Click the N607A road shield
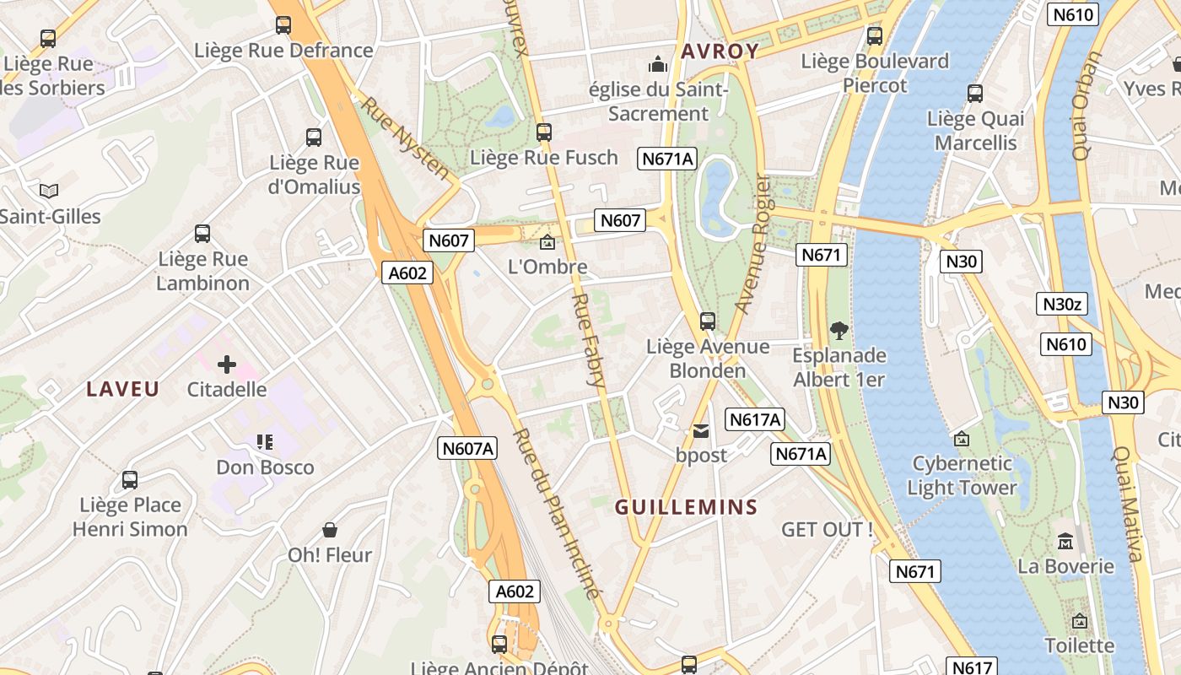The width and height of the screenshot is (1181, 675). coord(467,448)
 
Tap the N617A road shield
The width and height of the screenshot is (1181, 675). coord(755,419)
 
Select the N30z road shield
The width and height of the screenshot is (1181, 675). coord(1062,304)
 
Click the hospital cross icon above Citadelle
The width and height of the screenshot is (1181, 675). coord(226,364)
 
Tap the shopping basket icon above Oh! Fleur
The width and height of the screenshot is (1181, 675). coord(330,530)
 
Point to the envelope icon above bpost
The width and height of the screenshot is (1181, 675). coord(701,431)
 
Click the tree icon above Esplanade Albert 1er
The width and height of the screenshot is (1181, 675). coord(839,330)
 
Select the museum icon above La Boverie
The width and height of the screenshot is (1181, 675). coord(1065,540)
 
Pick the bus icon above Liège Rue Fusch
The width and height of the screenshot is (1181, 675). coord(544,132)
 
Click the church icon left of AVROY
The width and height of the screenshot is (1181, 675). coord(657,63)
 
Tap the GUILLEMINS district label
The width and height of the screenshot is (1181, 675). coord(686,507)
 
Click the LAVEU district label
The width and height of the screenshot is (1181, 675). coord(123,389)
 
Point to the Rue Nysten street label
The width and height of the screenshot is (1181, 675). coord(406,139)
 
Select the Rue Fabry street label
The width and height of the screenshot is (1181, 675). coord(588,340)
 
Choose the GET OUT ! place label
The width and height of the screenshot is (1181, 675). coord(827,530)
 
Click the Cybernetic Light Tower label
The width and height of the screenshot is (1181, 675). coord(963,475)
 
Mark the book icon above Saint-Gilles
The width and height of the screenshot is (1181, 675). coord(49,191)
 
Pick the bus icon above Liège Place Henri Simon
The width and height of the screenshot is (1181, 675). coord(130,480)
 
